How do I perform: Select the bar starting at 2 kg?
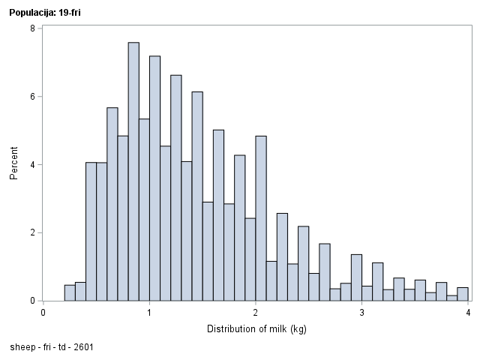click(261, 217)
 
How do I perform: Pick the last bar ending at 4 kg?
click(463, 294)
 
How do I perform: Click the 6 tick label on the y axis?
click(31, 97)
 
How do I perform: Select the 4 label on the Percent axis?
click(31, 165)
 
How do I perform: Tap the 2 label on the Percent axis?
click(31, 232)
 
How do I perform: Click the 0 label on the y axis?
click(31, 301)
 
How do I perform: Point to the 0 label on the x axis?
click(43, 313)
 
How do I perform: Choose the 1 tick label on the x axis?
click(149, 313)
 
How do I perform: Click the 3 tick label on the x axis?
click(361, 313)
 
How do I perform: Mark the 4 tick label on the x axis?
click(468, 313)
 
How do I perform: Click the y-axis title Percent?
click(14, 165)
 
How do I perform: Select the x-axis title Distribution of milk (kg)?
click(256, 328)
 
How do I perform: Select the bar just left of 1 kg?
click(144, 209)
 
